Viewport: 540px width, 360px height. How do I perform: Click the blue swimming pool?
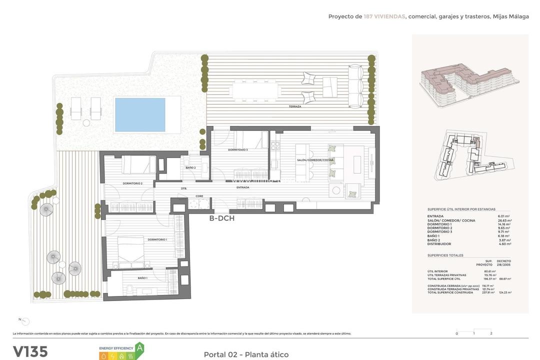[x=140, y=114]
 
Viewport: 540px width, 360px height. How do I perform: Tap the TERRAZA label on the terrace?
[x=295, y=107]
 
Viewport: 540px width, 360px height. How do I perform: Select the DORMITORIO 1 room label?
[x=157, y=240]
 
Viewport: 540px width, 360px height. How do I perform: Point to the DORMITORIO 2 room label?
[x=132, y=183]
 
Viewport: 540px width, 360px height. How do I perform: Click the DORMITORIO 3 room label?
[x=238, y=150]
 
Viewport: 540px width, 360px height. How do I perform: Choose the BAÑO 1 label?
[x=142, y=278]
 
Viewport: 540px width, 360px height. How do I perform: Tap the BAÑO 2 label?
[x=190, y=168]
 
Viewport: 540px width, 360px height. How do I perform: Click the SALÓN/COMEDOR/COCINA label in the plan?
[x=322, y=159]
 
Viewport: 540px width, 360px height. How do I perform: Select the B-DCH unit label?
[x=221, y=218]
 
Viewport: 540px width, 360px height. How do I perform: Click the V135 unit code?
[x=30, y=351]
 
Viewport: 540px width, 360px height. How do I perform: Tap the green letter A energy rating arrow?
[x=139, y=348]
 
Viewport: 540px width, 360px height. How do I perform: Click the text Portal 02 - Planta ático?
[x=246, y=354]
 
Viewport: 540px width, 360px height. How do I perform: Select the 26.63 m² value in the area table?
[x=503, y=220]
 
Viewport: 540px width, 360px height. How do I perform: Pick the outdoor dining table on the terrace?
[x=254, y=90]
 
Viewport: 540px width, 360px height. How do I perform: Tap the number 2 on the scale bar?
[x=491, y=333]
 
